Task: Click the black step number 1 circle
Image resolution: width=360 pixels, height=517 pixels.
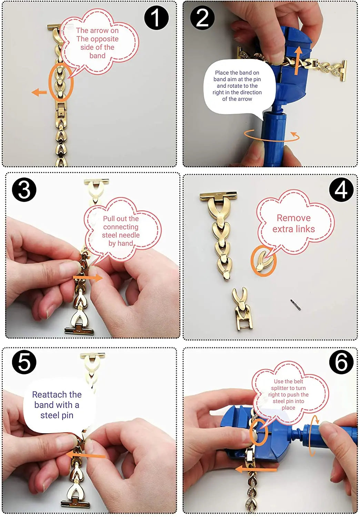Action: coord(156,18)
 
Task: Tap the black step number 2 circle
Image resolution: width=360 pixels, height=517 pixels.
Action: coord(202,18)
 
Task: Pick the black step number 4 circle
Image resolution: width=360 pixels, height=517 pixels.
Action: coord(341,190)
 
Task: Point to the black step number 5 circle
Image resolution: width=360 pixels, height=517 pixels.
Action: coord(24,362)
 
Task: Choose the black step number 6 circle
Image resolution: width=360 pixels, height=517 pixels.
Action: coord(341,362)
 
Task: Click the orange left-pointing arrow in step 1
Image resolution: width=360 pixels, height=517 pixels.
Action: coord(39,93)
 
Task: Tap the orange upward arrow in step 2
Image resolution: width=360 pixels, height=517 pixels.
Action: coord(298,60)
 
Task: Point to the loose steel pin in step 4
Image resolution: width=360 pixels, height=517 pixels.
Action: coord(296,305)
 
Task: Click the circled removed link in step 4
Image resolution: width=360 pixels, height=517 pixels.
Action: coord(263,261)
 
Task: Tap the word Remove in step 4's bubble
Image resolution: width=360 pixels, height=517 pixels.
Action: coord(293,218)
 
